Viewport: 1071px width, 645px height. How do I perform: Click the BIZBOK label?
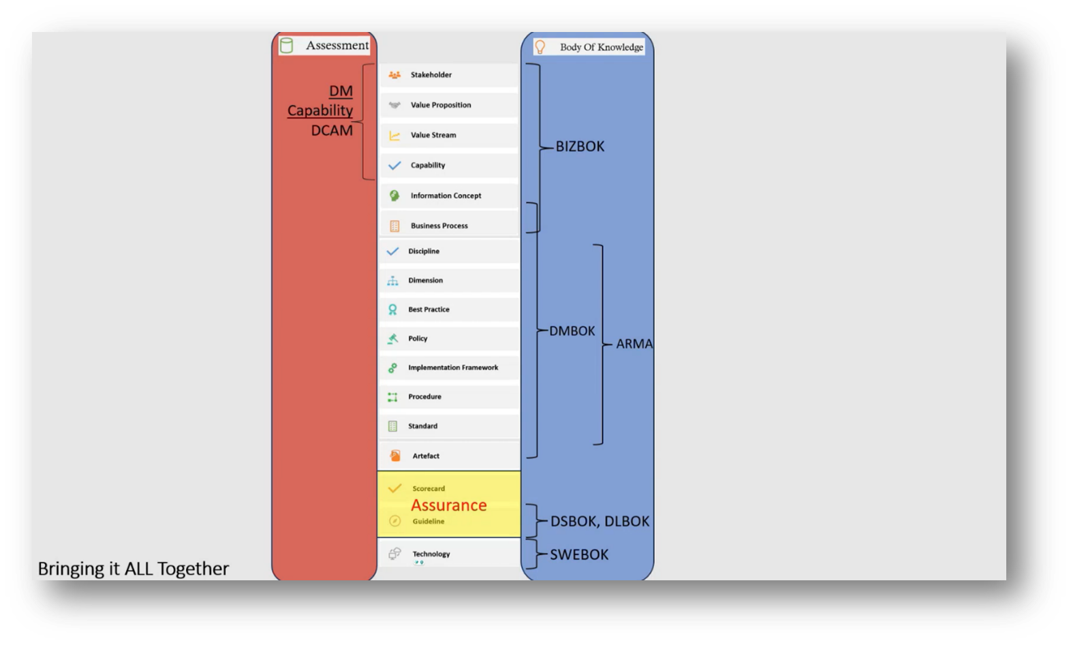tap(580, 146)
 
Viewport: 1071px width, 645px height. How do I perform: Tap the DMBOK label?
tap(572, 331)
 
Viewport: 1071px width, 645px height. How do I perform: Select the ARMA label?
tap(634, 344)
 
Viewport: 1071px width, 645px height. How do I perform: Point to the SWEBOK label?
tap(579, 554)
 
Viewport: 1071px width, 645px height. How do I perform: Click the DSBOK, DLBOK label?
tap(600, 521)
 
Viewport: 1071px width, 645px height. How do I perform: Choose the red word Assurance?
tap(449, 505)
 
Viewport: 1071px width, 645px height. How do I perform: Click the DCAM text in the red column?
tap(332, 130)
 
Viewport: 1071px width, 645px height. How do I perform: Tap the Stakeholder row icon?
tap(394, 75)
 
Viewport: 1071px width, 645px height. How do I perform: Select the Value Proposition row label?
tap(441, 105)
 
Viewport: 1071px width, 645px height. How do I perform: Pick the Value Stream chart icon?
tap(394, 136)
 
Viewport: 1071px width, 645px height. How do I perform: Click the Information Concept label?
tap(446, 195)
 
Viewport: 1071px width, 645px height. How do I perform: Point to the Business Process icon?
tap(394, 225)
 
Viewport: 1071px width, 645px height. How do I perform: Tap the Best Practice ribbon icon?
tap(392, 309)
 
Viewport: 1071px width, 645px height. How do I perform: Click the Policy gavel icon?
tap(392, 339)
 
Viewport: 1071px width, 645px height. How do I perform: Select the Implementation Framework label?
tap(453, 368)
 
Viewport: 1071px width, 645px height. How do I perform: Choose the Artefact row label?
tap(426, 456)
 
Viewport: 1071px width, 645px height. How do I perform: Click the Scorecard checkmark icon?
tap(394, 488)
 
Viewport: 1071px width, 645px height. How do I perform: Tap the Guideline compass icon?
tap(394, 521)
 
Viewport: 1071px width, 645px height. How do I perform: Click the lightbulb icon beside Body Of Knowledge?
tap(540, 47)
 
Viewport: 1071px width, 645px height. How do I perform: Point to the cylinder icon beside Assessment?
tap(287, 46)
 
